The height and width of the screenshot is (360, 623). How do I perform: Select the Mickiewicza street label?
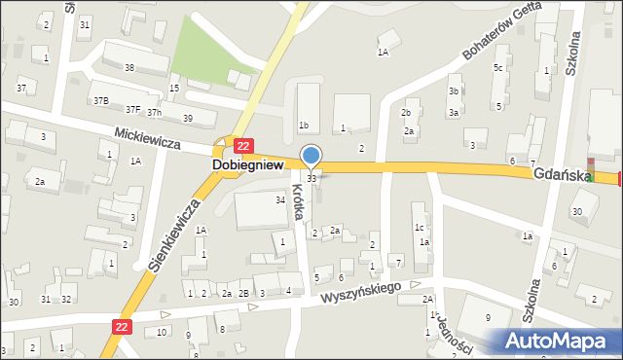click(147, 142)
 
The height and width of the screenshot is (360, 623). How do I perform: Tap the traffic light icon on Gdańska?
click(588, 166)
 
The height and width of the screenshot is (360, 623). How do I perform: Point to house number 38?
click(129, 67)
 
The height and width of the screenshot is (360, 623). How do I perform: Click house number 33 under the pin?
click(311, 179)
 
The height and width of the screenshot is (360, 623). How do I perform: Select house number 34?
click(280, 199)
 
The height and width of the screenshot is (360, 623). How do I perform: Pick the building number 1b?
click(304, 126)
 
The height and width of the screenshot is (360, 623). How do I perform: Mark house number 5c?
click(497, 67)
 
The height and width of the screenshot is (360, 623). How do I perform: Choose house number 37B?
click(100, 100)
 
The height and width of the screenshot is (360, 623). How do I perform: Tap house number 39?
click(187, 119)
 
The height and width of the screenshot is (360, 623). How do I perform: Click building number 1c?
click(419, 228)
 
